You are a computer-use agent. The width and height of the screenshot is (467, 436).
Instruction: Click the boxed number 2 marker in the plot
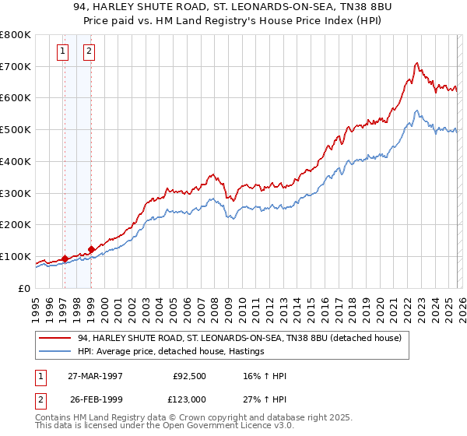point(89,52)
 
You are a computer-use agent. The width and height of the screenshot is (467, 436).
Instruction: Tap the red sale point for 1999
point(92,249)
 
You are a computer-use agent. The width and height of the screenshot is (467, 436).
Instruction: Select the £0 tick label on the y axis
point(25,288)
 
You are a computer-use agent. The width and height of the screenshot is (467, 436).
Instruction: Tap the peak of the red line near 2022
point(417,63)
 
